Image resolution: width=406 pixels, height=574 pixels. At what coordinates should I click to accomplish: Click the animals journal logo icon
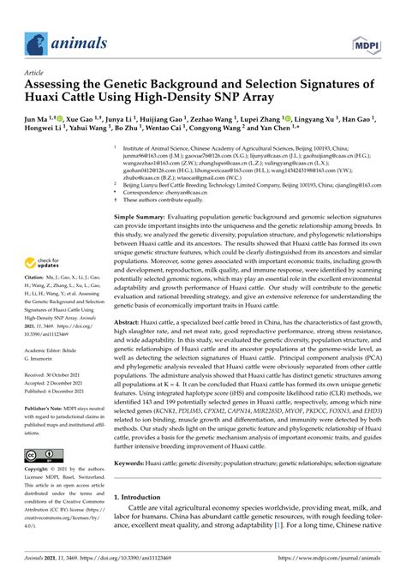point(34,39)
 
